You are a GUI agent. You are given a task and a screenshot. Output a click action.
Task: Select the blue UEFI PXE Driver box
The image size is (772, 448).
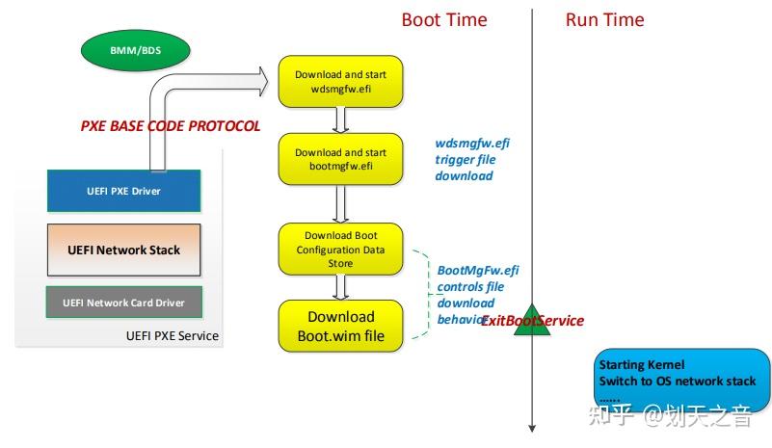point(123,191)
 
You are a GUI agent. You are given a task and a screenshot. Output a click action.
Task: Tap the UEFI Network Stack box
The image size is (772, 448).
point(123,250)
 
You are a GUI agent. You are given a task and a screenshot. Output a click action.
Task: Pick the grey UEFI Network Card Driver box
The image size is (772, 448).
point(123,303)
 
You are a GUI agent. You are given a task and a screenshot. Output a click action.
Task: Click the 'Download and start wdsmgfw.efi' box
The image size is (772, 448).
point(340,82)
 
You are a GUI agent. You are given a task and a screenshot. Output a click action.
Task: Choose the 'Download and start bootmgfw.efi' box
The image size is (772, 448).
point(340,159)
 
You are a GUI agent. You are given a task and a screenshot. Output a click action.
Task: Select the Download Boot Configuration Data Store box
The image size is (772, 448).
point(340,249)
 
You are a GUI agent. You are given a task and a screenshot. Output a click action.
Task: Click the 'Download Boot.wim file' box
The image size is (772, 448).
point(340,326)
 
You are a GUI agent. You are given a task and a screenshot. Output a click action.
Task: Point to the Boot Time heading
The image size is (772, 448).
point(444,20)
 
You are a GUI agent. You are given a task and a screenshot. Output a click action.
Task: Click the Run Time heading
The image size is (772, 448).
point(604,20)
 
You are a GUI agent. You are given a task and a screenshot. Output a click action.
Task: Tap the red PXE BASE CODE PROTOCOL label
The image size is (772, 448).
point(170,126)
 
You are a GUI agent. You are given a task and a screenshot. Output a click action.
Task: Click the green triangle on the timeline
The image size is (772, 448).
point(531,321)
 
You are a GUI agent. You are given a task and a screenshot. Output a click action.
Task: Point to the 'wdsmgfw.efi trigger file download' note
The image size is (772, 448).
point(471,160)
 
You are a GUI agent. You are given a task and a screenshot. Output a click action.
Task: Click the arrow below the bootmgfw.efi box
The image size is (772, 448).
point(340,202)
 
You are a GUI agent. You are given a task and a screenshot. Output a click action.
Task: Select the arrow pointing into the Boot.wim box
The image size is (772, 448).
point(340,287)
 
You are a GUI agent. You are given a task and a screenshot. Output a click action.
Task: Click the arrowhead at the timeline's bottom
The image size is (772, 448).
point(531,427)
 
